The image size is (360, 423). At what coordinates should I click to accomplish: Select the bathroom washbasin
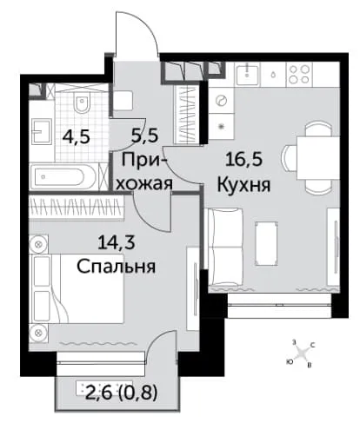42,132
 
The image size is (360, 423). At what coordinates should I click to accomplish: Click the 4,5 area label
77,136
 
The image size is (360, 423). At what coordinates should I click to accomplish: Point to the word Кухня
243,185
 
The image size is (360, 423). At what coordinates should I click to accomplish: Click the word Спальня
117,267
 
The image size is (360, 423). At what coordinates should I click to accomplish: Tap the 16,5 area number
243,160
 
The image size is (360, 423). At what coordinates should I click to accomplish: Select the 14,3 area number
117,242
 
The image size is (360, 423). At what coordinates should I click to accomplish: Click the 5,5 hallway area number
145,135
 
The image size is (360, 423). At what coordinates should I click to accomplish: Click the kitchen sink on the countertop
248,75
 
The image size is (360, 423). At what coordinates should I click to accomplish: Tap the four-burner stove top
299,75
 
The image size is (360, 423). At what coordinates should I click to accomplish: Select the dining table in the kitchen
318,158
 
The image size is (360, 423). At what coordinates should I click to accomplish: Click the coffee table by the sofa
266,243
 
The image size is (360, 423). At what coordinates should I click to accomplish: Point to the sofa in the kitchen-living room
226,247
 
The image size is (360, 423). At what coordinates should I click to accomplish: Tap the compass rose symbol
302,354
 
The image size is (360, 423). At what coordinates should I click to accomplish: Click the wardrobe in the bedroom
77,208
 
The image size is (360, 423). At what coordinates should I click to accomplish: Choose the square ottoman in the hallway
123,100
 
